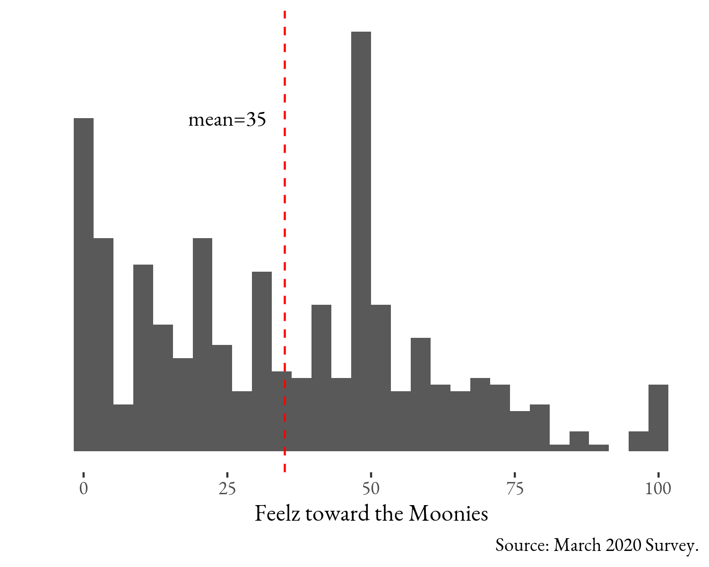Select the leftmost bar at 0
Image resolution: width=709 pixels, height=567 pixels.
pyautogui.click(x=84, y=283)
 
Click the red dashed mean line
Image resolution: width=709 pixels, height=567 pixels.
pyautogui.click(x=285, y=189)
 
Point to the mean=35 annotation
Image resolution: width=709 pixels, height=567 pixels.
pyautogui.click(x=227, y=120)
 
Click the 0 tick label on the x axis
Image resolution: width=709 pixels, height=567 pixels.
pyautogui.click(x=84, y=489)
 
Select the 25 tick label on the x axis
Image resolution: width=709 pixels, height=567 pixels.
pyautogui.click(x=227, y=489)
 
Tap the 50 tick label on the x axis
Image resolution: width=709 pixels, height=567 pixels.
pyautogui.click(x=371, y=489)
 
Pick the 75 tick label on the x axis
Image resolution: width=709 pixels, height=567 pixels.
pyautogui.click(x=515, y=489)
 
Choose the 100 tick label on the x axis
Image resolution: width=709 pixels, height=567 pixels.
pyautogui.click(x=658, y=489)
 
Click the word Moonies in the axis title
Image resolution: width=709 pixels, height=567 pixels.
pyautogui.click(x=448, y=514)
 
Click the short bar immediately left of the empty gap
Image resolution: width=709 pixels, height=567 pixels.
pyautogui.click(x=599, y=448)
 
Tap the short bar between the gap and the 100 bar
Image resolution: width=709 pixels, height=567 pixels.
pyautogui.click(x=638, y=441)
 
